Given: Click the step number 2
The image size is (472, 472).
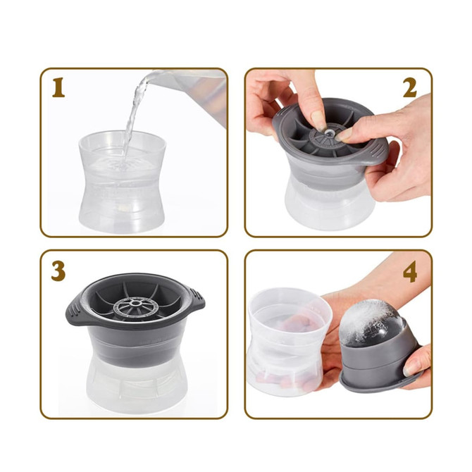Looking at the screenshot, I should point(409,88).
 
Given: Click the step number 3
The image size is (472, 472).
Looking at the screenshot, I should point(58,271).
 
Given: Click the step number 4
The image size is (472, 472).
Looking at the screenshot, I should point(409,271).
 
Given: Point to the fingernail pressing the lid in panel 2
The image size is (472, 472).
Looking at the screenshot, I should point(318,119).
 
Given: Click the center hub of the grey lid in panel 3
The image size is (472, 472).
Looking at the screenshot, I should point(131,305).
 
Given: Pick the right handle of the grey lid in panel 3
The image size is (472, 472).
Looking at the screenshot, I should point(196,304).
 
